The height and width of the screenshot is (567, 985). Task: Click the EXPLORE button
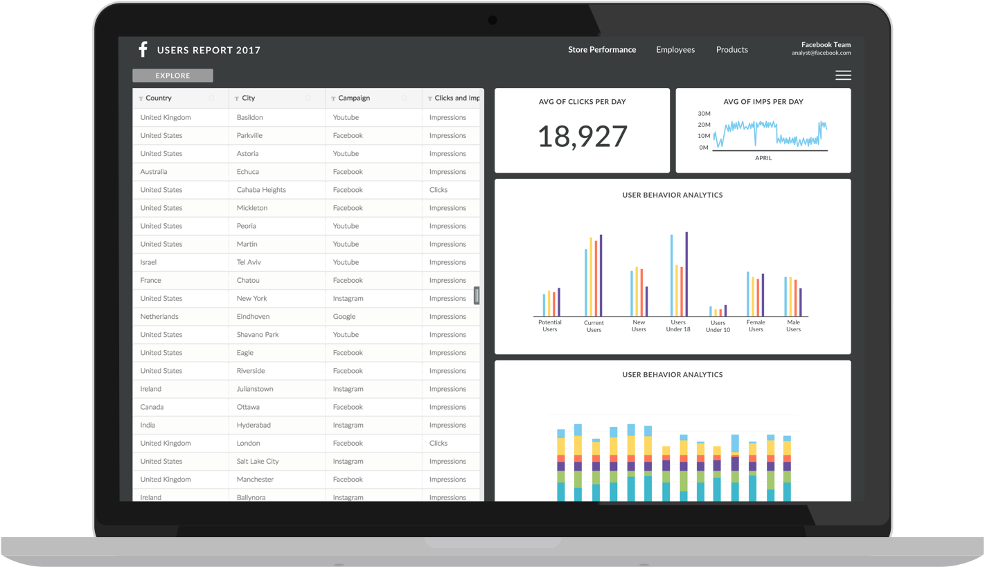[172, 76]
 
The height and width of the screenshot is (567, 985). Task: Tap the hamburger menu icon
[843, 76]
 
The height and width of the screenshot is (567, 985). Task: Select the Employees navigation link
[675, 50]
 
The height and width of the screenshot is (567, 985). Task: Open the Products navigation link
[731, 50]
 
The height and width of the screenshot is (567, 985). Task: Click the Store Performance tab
[602, 50]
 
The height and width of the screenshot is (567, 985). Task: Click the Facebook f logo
[143, 49]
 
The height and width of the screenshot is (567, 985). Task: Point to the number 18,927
[582, 137]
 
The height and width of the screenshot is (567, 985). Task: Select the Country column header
[159, 98]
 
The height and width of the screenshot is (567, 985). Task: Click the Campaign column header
[354, 98]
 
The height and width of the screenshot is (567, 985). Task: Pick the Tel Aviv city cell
[249, 262]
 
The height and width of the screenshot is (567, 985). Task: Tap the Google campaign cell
[344, 317]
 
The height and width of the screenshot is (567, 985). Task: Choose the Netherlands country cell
[159, 317]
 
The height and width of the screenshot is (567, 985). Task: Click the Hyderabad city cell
[254, 425]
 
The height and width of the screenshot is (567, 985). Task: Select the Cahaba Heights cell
[261, 190]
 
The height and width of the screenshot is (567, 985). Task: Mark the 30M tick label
[704, 114]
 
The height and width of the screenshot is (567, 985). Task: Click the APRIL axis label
[763, 158]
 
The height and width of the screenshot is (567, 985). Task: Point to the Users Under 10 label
[718, 326]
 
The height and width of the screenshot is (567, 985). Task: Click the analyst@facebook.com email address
[821, 53]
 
